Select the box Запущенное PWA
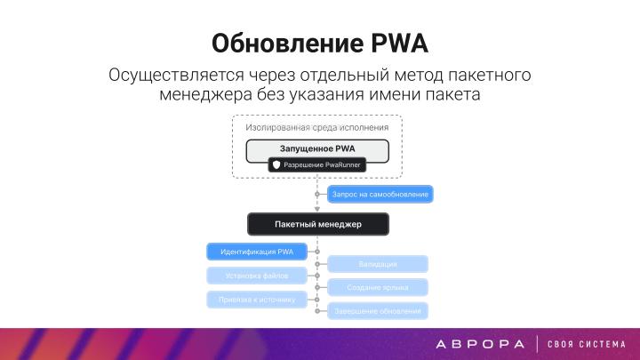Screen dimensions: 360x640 pos(317,149)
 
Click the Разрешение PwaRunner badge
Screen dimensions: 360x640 pos(316,165)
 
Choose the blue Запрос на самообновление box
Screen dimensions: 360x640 pos(380,193)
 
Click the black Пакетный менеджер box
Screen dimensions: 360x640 pos(317,224)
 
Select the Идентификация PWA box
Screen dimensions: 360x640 pos(256,252)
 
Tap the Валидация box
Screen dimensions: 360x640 pos(379,264)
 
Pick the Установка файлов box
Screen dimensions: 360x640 pos(256,276)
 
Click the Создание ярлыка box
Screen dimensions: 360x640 pos(379,287)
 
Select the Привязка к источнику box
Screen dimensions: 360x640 pos(256,300)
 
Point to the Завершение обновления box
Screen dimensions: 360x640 pos(379,311)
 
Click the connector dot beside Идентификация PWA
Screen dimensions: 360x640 pos(317,252)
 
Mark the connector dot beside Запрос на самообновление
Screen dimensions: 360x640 pos(317,193)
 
